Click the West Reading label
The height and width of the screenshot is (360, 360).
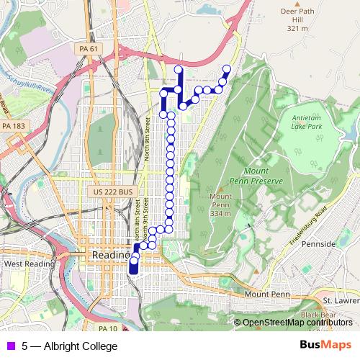(30, 264)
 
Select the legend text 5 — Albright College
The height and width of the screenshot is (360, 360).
(69, 347)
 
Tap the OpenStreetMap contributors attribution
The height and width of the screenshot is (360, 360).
(298, 323)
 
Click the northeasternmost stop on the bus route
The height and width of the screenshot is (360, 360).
(227, 69)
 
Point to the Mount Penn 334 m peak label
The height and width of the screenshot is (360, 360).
(220, 204)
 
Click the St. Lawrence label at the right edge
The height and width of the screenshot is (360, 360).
(340, 300)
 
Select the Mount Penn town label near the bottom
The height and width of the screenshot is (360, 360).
(265, 295)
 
